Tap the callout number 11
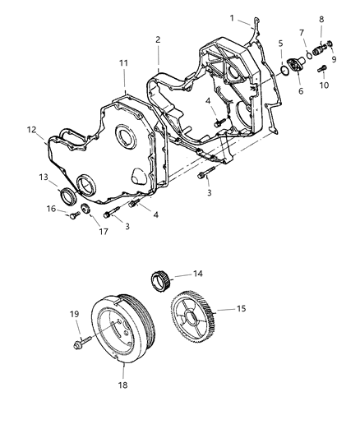click(x=123, y=62)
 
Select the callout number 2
click(x=157, y=39)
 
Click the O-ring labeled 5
click(x=284, y=71)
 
